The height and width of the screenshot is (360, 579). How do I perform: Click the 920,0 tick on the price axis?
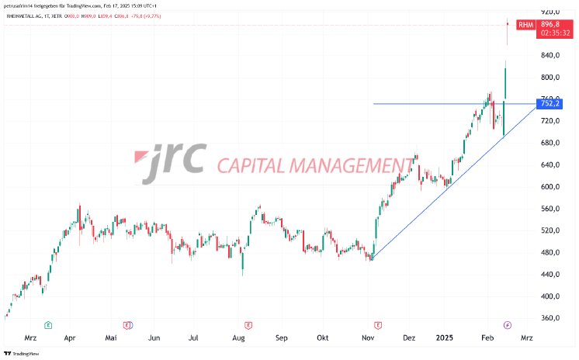pos(550,12)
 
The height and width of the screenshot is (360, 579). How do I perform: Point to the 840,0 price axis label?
pos(550,56)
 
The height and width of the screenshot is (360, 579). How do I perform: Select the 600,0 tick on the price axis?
pos(550,187)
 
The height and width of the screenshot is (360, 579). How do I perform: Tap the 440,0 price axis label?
pos(550,274)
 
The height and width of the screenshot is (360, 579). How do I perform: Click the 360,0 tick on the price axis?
pos(550,318)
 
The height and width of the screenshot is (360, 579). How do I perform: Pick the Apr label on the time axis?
pos(71,338)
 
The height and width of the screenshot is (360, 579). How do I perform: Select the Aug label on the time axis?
pos(239,338)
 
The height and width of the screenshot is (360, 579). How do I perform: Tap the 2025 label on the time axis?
pos(446,338)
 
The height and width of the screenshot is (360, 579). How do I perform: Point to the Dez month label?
pos(410,338)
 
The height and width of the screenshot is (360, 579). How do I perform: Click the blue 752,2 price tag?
pos(552,103)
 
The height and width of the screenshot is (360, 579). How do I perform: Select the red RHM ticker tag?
pos(525,25)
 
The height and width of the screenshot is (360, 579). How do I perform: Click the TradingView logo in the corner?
pos(20,354)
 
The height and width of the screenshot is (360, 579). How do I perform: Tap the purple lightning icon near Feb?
pos(508,324)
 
